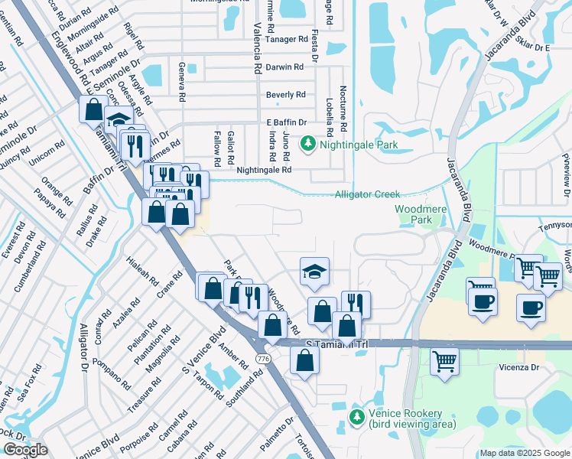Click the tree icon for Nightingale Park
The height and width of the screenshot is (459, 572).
(x=307, y=143)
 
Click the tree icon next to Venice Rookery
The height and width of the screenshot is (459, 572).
(x=356, y=417)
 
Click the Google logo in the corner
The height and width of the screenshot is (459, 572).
(x=24, y=450)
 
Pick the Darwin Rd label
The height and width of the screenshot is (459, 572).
(x=285, y=67)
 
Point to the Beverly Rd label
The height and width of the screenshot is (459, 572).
(x=285, y=95)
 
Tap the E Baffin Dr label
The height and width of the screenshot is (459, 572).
(x=286, y=122)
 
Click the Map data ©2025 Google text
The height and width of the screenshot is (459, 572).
(x=525, y=453)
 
